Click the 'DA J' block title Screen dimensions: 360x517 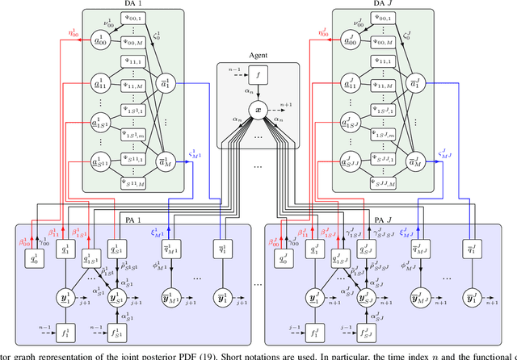(x=376, y=5)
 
